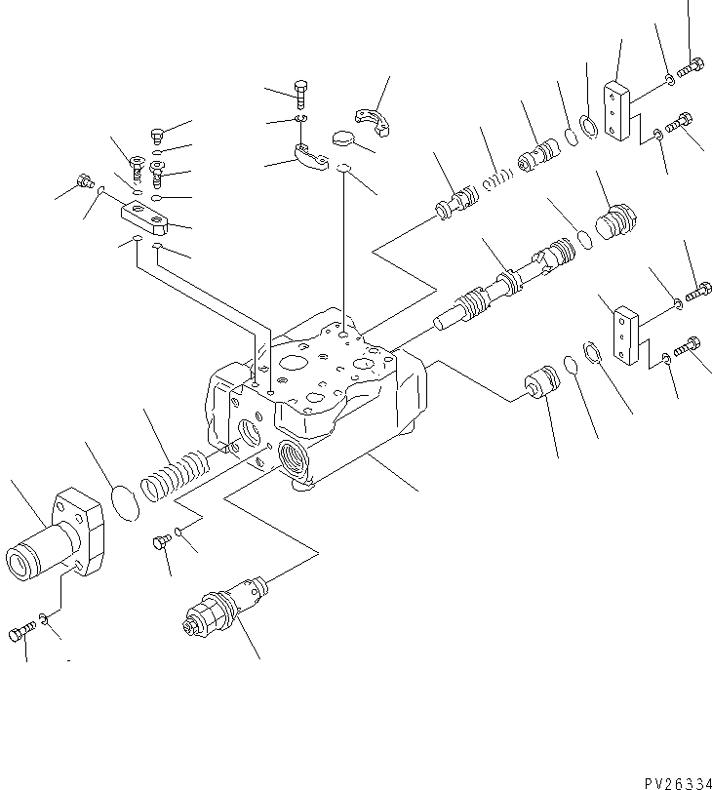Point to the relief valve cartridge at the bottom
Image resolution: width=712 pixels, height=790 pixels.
point(220,605)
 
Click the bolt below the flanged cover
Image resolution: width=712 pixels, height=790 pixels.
point(20,635)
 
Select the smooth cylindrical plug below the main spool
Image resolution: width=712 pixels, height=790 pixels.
point(538,381)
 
